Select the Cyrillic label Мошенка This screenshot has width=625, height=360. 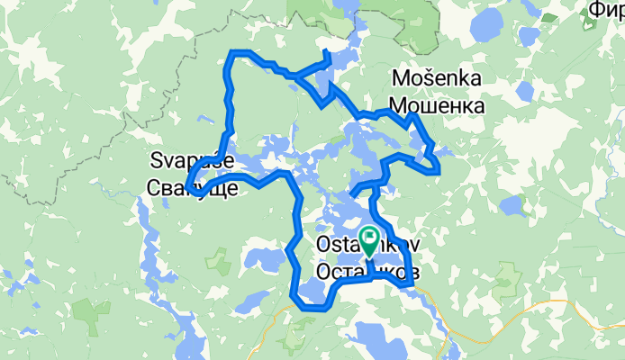click(439, 105)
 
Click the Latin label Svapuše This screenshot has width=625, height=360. click(191, 161)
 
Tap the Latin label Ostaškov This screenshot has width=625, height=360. click(369, 245)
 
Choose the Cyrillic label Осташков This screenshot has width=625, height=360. click(369, 270)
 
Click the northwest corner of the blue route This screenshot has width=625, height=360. click(233, 53)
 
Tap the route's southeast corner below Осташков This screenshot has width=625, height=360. click(410, 284)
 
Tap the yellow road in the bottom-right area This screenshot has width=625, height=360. click(540, 306)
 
